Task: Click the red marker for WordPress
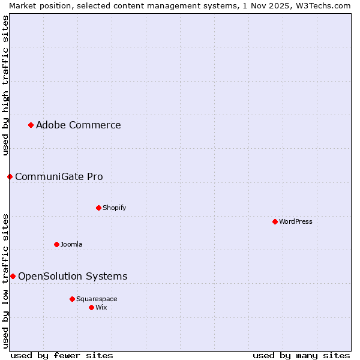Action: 275,221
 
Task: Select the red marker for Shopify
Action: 98,208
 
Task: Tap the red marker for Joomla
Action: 56,244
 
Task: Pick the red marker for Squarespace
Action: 72,299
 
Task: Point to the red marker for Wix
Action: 91,307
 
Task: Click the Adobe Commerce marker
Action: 31,125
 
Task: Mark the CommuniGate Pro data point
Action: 10,176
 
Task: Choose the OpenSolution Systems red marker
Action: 13,276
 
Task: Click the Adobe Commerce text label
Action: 78,125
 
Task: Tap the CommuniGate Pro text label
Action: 59,176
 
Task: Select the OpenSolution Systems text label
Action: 73,276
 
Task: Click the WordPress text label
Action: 296,221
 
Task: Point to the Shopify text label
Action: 114,208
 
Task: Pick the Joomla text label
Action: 71,244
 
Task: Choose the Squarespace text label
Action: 97,299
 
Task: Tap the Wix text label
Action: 101,307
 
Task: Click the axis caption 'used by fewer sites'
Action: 62,355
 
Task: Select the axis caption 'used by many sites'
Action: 301,355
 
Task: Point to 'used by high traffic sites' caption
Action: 5,85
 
